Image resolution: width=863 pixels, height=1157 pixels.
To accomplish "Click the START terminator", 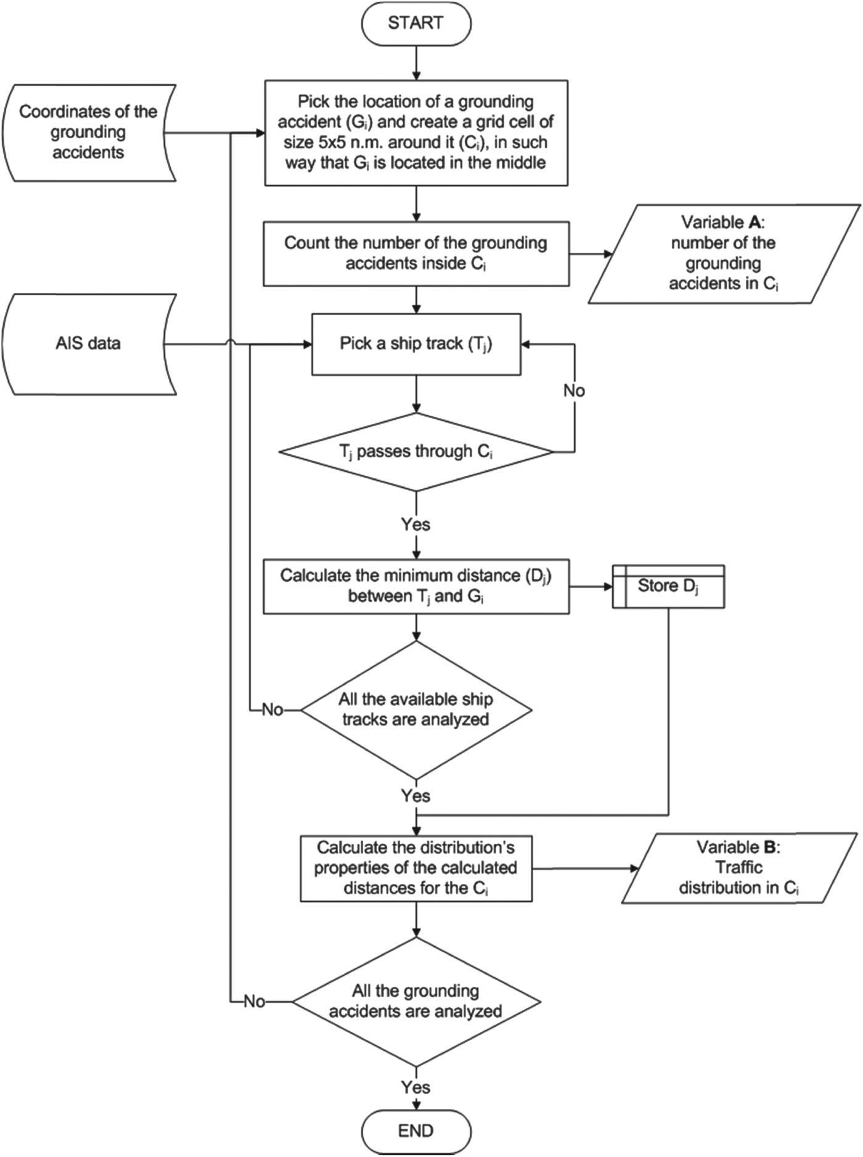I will click(416, 24).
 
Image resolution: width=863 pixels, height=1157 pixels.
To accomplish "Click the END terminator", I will click(416, 1131).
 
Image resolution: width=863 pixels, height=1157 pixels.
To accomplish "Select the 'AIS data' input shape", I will click(88, 343).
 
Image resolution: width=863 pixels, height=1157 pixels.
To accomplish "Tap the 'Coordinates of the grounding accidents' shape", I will click(88, 133).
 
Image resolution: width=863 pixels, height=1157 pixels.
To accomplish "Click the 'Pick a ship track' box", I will click(416, 344).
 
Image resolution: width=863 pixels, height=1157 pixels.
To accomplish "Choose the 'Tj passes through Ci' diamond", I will click(416, 452).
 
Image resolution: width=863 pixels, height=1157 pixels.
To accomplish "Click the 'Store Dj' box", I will click(669, 586).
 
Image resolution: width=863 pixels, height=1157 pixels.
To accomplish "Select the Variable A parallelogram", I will click(724, 254).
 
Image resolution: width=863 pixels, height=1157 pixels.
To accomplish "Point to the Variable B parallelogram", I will click(738, 868).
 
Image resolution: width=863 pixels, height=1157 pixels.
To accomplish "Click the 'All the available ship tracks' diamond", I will click(416, 710).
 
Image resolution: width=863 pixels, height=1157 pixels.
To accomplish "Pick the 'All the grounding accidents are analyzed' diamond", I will click(416, 1002).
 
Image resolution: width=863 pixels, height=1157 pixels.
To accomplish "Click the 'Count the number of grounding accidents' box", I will click(416, 253).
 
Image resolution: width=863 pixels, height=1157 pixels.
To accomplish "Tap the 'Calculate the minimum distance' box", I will click(416, 586).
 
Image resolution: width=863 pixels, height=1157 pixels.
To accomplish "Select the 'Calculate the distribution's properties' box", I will click(416, 868).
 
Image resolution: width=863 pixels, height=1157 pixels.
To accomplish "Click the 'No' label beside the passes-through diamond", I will click(574, 391).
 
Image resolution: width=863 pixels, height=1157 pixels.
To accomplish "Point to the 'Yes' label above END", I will click(415, 1087).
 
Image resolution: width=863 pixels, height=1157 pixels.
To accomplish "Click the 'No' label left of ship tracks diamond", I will click(272, 710).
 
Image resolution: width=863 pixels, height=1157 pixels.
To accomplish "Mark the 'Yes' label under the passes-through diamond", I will click(415, 525).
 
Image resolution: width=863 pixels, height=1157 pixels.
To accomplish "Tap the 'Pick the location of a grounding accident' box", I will click(416, 133).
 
